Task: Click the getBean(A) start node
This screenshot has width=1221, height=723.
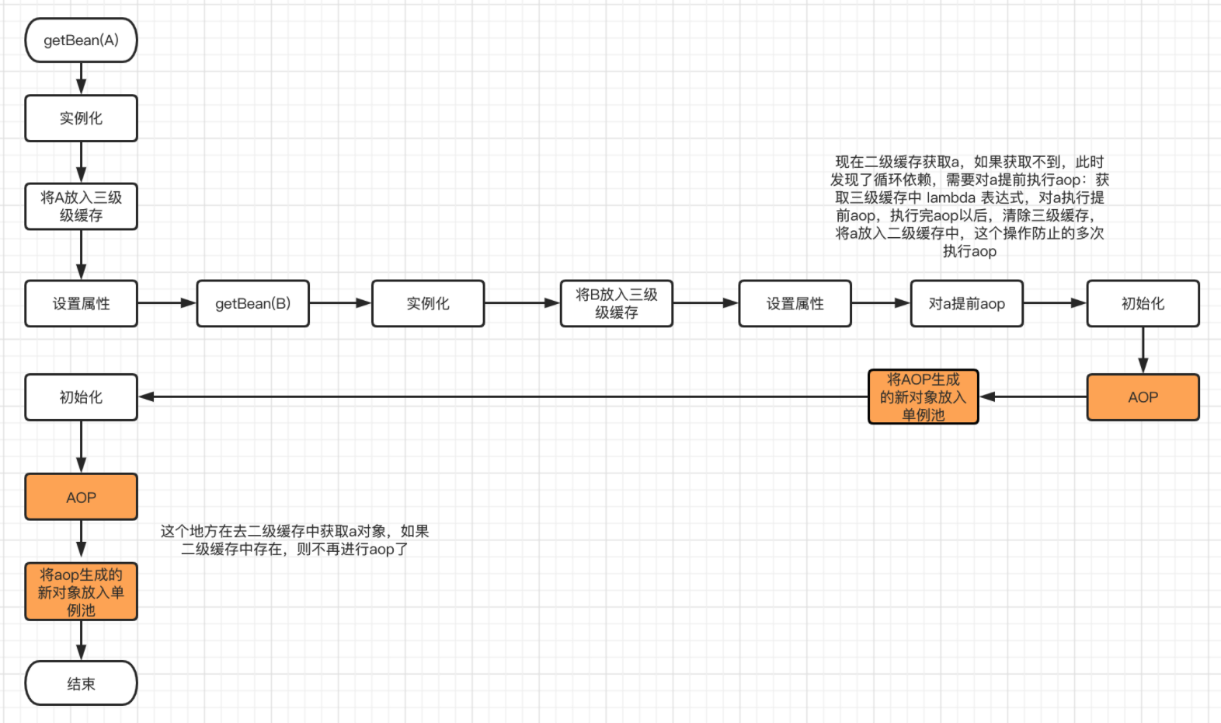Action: [81, 40]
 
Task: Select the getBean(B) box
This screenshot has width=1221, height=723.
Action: [252, 303]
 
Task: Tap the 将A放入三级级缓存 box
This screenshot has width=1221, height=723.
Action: [81, 206]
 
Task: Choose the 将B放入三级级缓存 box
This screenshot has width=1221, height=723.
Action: [616, 303]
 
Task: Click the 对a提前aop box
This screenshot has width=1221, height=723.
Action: [966, 303]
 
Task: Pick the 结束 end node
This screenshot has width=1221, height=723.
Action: [81, 683]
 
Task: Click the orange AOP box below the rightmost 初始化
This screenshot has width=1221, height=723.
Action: [1143, 397]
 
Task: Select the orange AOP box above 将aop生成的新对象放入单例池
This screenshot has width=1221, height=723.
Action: [81, 497]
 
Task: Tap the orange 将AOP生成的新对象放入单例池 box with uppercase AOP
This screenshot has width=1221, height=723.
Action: [923, 397]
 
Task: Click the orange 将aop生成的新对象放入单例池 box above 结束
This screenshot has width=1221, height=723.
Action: [81, 592]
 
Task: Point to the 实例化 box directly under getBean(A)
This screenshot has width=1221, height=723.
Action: [81, 118]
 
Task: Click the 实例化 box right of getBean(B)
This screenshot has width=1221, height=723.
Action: [428, 303]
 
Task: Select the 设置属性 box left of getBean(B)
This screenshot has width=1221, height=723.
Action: [81, 303]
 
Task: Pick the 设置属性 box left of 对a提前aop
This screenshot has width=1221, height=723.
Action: [795, 303]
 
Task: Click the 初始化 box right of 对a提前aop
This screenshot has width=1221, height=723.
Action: [1143, 303]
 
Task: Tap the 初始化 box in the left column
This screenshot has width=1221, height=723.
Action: [81, 397]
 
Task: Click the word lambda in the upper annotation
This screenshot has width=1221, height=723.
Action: [951, 197]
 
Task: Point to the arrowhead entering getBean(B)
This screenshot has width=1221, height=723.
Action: [189, 303]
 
